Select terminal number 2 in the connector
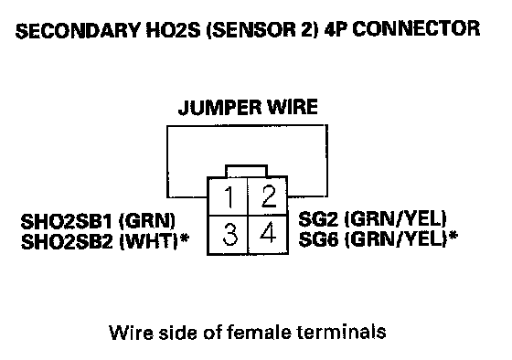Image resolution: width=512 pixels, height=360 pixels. (x=268, y=196)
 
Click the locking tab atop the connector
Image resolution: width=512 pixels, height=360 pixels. (x=246, y=171)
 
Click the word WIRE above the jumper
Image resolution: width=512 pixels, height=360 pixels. (x=293, y=107)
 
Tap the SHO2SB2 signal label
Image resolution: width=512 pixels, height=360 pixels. (x=67, y=241)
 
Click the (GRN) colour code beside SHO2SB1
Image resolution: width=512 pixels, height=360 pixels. (x=147, y=221)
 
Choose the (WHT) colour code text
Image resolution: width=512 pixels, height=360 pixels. (x=149, y=241)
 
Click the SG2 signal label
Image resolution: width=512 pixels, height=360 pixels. (x=318, y=219)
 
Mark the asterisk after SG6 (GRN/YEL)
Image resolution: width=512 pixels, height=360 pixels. (x=453, y=236)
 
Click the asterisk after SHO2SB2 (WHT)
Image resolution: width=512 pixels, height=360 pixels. (x=185, y=238)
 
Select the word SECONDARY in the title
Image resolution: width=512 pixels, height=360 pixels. (x=78, y=30)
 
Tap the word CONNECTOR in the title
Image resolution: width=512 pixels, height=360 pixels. (x=416, y=28)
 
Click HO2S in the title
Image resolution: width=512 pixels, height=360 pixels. (x=173, y=30)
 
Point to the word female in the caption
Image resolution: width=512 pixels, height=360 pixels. (x=259, y=333)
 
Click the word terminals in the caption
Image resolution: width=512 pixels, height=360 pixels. (x=342, y=332)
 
